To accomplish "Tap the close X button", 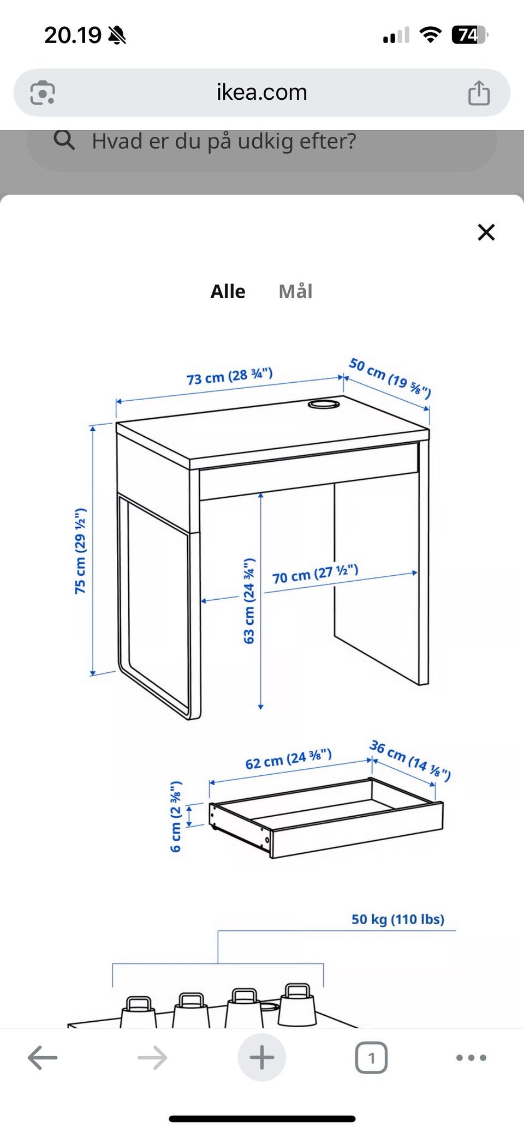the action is point(486,232).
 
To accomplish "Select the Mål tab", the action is point(295,291).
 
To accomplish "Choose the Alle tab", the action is point(228,292).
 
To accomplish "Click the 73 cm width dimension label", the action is point(229,376).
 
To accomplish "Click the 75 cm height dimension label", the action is point(81,551).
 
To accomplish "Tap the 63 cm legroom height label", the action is point(249,600).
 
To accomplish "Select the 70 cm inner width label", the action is point(315,574).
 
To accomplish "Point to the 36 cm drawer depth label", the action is point(410,760).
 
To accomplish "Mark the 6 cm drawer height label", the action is point(175,816).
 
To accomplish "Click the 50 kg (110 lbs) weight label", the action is point(398,919).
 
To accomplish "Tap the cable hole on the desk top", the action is point(324,404).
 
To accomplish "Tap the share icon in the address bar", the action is point(479,92).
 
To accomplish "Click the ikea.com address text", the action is point(262,92).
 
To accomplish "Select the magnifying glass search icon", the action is point(64,140).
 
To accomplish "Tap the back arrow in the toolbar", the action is point(43,1058).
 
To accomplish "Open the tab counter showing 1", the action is point(371,1058).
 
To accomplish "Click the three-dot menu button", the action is point(471,1058).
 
